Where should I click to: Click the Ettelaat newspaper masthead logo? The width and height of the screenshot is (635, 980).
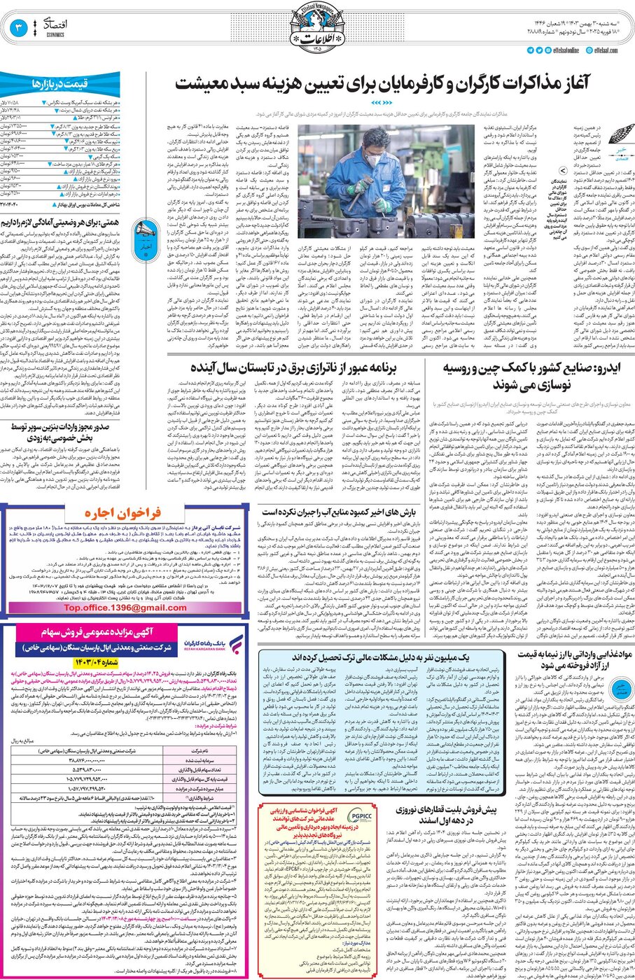coord(318,28)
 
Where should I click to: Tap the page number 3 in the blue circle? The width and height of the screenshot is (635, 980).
coord(19,28)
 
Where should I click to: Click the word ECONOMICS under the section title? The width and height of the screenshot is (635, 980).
coord(55,34)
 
